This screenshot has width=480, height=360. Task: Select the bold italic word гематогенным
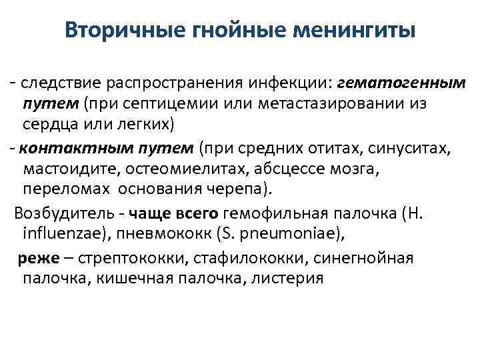(401, 83)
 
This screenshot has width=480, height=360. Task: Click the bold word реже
(33, 257)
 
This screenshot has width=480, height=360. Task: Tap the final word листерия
(288, 278)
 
